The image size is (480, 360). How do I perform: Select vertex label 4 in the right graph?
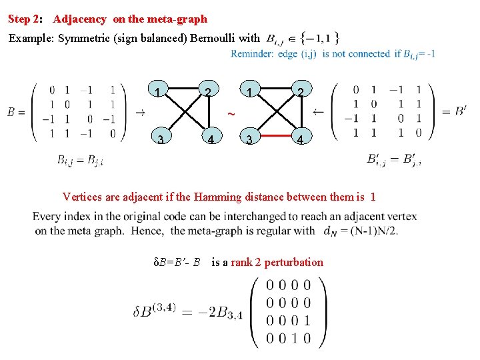(301, 140)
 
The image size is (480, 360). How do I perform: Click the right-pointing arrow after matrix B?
(141, 112)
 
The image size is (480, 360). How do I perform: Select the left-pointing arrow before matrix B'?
(318, 111)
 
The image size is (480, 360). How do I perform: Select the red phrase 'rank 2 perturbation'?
(277, 262)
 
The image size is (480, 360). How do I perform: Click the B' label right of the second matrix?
(461, 110)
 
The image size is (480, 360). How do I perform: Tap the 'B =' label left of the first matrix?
(16, 112)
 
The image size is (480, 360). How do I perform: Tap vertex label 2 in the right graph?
(301, 92)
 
